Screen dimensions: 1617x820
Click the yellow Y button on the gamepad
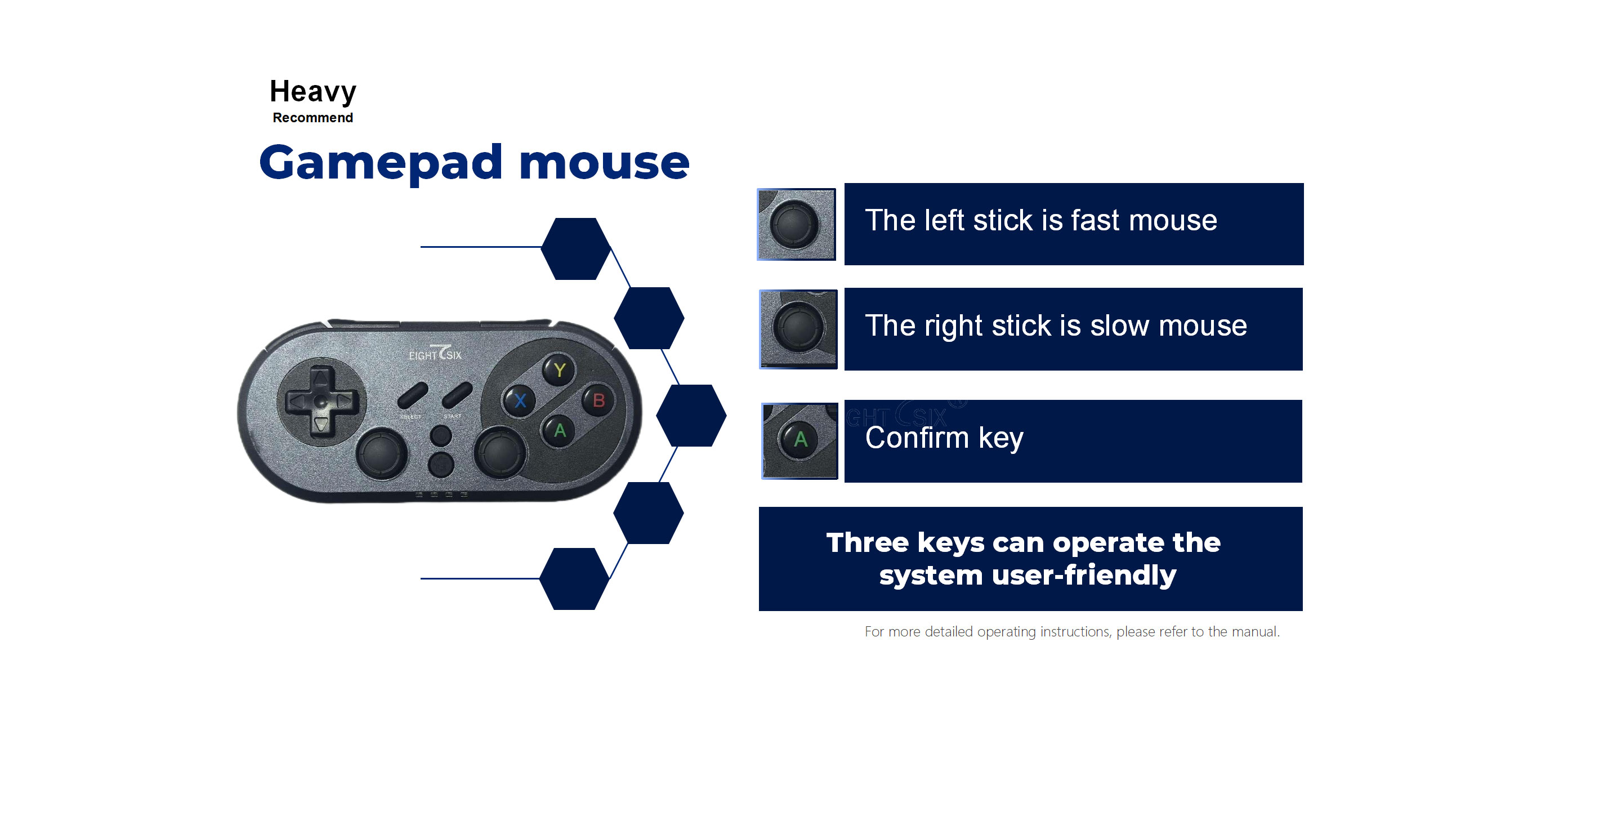pyautogui.click(x=559, y=370)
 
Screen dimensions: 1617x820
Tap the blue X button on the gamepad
pyautogui.click(x=520, y=400)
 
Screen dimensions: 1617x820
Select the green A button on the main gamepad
pyautogui.click(x=559, y=431)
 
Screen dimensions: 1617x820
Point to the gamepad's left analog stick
pyautogui.click(x=381, y=453)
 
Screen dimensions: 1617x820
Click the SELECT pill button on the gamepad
pyautogui.click(x=412, y=395)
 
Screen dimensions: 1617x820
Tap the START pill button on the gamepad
pyautogui.click(x=457, y=395)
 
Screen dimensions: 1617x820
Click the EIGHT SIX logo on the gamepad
pyautogui.click(x=435, y=354)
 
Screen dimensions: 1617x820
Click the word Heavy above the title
pyautogui.click(x=312, y=92)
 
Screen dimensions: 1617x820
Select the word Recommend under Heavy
pyautogui.click(x=312, y=117)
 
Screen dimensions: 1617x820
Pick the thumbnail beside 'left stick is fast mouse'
pyautogui.click(x=796, y=224)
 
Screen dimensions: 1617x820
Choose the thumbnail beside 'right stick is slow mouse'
pyautogui.click(x=798, y=329)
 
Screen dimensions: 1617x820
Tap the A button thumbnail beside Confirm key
pyautogui.click(x=799, y=441)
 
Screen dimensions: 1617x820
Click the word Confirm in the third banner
pyautogui.click(x=917, y=438)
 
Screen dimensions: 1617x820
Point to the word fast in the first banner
pyautogui.click(x=1095, y=220)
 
